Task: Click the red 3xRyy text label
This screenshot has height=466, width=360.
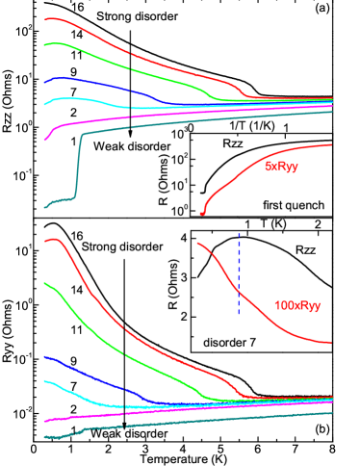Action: click(281, 167)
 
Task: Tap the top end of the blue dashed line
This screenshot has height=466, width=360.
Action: click(239, 232)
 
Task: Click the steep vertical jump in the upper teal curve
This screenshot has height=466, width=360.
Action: click(77, 168)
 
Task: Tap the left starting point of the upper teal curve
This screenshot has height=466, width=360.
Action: click(45, 206)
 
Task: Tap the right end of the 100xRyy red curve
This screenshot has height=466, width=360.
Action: click(330, 342)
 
